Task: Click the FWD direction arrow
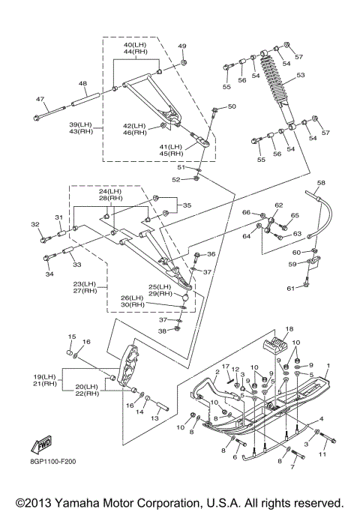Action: click(x=41, y=445)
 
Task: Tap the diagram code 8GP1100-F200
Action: click(x=53, y=462)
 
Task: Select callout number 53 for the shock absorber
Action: click(x=300, y=75)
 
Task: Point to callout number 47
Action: click(x=40, y=99)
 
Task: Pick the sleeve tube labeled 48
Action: click(x=85, y=100)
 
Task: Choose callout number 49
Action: click(x=182, y=46)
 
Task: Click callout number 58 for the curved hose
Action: click(x=321, y=183)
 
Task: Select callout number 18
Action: click(x=289, y=329)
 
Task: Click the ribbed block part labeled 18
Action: click(x=274, y=346)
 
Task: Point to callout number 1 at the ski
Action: click(x=328, y=365)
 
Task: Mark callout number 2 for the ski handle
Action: click(x=217, y=373)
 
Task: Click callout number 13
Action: click(x=154, y=418)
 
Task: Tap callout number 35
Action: click(x=187, y=205)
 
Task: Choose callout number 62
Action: click(x=279, y=205)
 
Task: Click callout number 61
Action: click(x=290, y=289)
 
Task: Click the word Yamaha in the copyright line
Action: click(x=73, y=503)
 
